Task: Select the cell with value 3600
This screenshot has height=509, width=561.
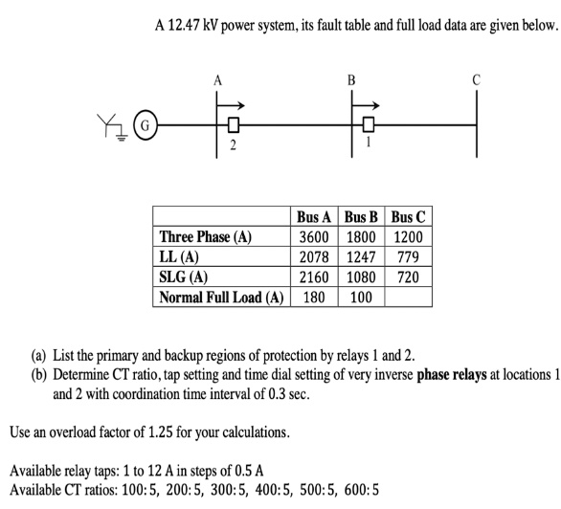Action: pos(315,237)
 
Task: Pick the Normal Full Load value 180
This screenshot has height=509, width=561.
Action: pos(315,298)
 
